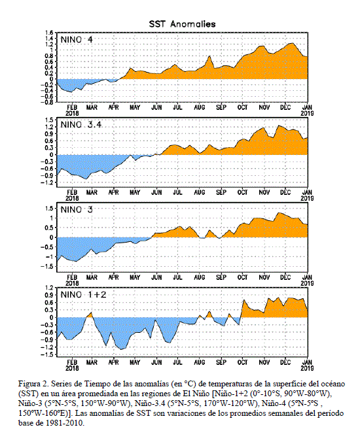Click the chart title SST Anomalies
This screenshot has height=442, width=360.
(182, 24)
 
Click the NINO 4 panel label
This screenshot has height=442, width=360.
(77, 40)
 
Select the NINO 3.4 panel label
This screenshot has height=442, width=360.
(81, 125)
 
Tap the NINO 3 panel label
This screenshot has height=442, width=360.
(77, 210)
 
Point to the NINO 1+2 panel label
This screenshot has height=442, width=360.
(83, 295)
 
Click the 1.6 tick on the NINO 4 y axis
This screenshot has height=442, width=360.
(49, 33)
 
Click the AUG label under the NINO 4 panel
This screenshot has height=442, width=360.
(199, 107)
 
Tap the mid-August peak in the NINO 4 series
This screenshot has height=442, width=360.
(209, 56)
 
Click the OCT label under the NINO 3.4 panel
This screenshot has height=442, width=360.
(242, 192)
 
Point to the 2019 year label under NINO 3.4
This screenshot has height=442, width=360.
(307, 198)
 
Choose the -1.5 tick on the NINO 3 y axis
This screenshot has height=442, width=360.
(47, 266)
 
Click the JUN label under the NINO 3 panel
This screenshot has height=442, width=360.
(156, 278)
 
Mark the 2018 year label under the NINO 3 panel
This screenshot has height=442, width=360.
(72, 283)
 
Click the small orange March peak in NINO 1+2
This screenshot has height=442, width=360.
(91, 313)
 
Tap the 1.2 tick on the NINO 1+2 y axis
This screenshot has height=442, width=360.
(49, 288)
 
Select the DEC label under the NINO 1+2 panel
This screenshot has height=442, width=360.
(285, 362)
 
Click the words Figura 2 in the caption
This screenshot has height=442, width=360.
(30, 384)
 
